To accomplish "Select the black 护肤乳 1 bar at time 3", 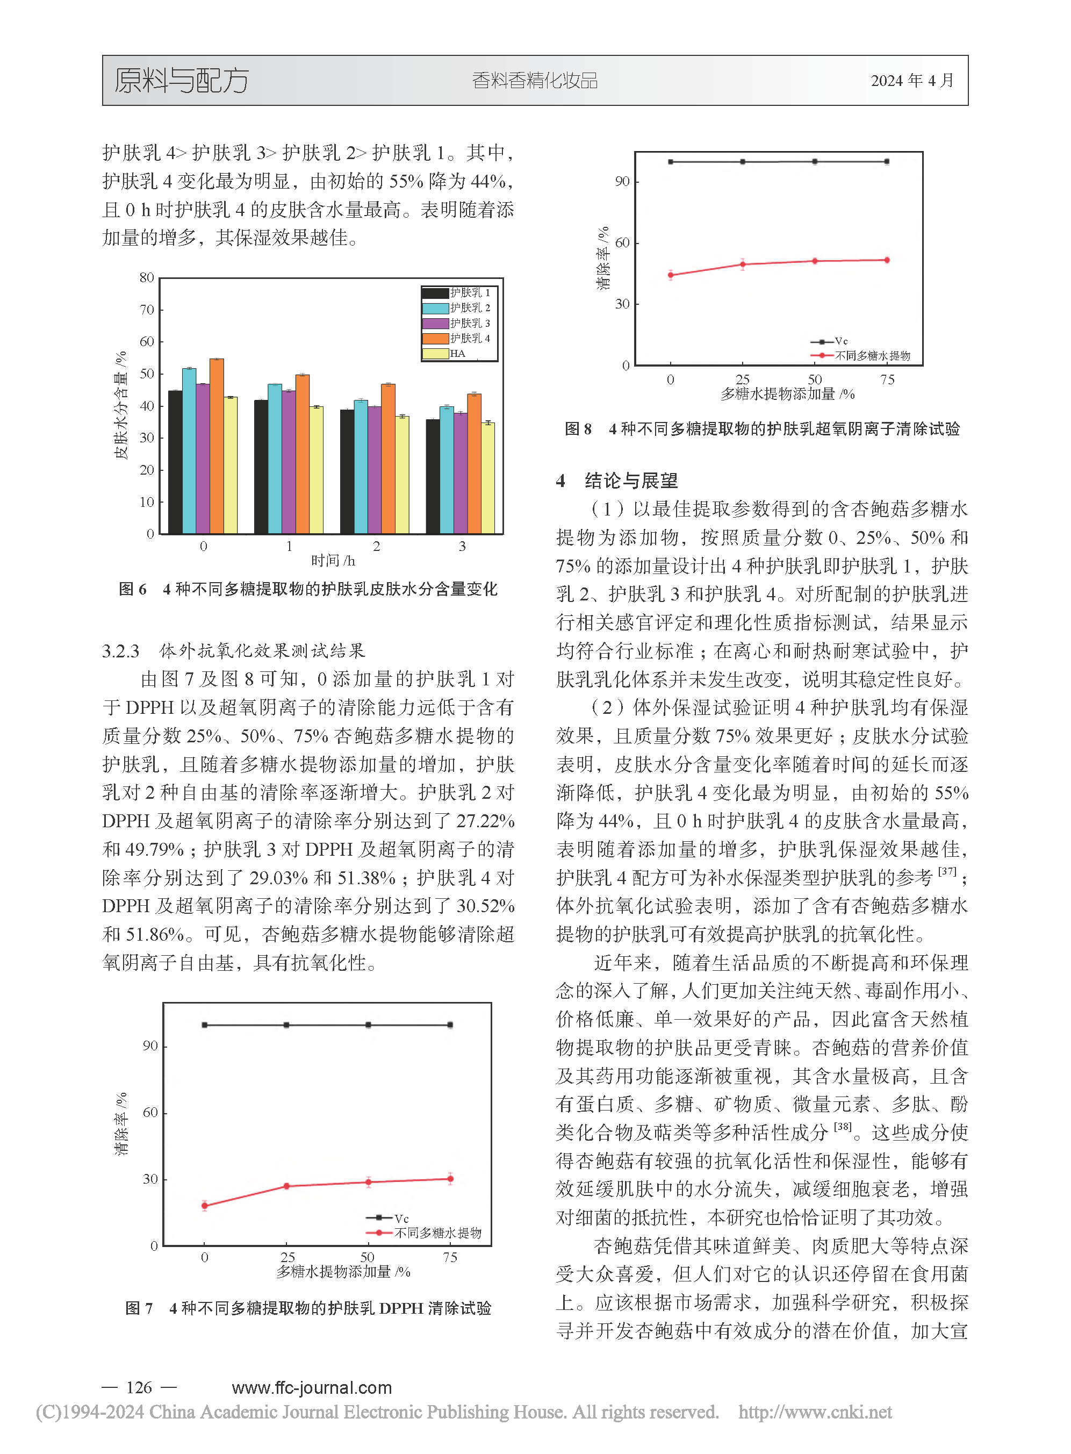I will coord(433,477).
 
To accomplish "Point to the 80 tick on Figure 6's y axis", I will coord(147,277).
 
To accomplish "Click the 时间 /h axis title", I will coord(333,560).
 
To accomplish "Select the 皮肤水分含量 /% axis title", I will coord(120,406).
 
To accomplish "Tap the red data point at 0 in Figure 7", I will coord(205,1206).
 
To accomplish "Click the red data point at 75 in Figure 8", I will coord(887,260).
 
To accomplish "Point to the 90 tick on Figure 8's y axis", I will coord(622,182).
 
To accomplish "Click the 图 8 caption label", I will coord(578,429).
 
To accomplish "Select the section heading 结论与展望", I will coord(631,481).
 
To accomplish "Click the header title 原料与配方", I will coord(182,81).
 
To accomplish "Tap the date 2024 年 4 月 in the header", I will coord(912,81).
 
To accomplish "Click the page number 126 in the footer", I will coord(139,1387).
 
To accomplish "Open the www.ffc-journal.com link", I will coord(312,1387).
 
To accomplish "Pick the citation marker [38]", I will coord(843,1127).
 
